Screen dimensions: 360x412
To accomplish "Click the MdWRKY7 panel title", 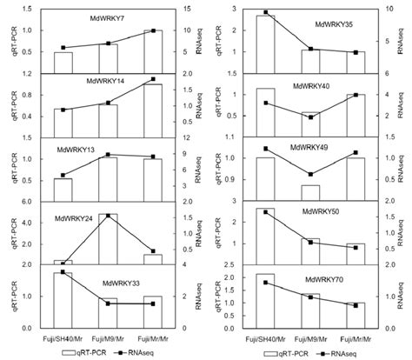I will pos(107,17).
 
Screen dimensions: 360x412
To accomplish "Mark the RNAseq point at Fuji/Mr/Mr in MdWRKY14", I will pos(153,80).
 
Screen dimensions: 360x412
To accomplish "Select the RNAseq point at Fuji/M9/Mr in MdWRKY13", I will pos(107,155).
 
